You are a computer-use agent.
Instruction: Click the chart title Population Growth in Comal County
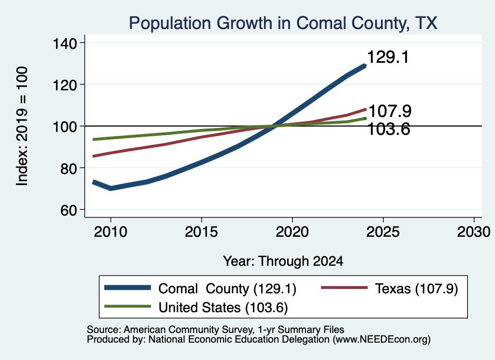283,23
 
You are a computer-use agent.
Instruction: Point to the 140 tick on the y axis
65,43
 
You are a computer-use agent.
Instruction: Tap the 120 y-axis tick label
65,85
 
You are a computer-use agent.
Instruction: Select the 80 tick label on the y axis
69,169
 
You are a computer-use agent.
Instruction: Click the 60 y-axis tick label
69,210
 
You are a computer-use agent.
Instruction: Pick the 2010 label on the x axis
111,232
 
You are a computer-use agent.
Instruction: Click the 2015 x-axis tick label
202,232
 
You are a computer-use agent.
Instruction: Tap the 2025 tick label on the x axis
383,232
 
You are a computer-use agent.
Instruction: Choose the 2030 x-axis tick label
474,232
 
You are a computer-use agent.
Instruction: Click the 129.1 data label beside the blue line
388,57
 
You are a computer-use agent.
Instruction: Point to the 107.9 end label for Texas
390,111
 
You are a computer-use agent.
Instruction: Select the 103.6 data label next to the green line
389,129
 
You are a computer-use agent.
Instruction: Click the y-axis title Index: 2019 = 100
22,126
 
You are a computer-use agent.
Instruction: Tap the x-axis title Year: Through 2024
283,261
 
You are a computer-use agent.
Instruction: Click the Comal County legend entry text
227,289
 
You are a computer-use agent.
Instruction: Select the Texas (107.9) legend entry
416,289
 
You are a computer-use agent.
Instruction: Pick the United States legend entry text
223,308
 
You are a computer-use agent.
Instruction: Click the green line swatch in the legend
128,306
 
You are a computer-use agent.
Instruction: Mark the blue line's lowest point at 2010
111,188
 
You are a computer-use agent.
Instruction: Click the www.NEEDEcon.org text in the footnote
381,340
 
